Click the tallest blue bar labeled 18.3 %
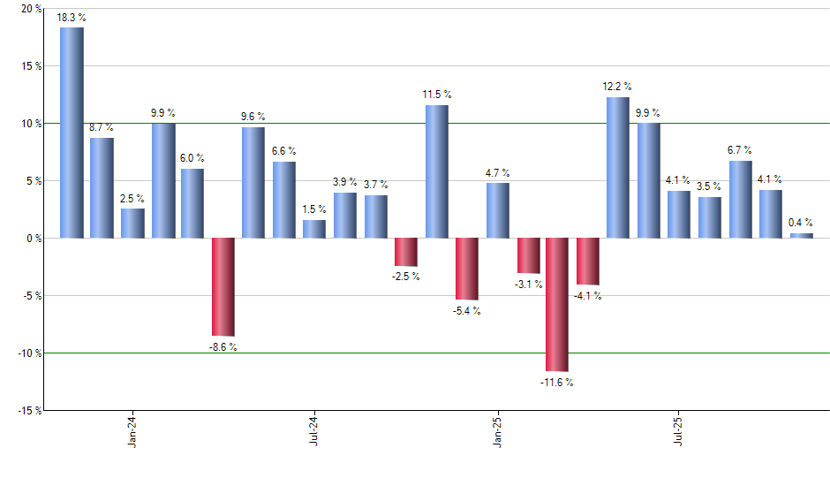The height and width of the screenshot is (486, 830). (x=72, y=133)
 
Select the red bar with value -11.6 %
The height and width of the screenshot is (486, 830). (x=557, y=304)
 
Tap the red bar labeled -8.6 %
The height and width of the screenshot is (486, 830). (x=223, y=287)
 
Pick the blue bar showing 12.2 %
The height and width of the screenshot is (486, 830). (x=618, y=168)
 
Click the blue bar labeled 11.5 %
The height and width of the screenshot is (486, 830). (x=436, y=171)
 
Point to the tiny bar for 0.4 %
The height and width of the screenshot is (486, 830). (x=801, y=236)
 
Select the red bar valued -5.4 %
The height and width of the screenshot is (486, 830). (x=466, y=269)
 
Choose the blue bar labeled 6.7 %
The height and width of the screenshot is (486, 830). (x=740, y=200)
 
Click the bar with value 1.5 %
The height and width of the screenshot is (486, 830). (x=314, y=229)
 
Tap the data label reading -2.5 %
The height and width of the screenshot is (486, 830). (x=406, y=277)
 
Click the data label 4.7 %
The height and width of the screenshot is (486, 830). (x=497, y=173)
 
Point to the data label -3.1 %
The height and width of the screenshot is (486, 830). (x=528, y=284)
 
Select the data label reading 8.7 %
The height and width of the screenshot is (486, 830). (x=102, y=128)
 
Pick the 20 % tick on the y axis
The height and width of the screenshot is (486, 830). (x=30, y=9)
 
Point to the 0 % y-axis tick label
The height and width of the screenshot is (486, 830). (x=33, y=238)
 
